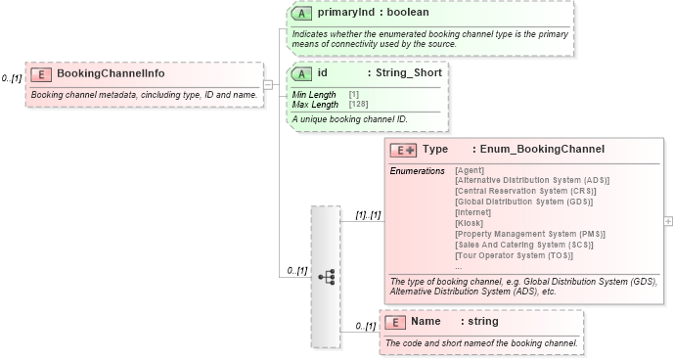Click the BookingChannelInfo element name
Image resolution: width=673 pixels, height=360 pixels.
click(111, 73)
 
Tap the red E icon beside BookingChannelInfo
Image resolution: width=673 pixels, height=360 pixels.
click(41, 74)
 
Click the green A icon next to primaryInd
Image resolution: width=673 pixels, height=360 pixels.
click(303, 15)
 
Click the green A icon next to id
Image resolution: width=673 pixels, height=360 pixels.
click(303, 73)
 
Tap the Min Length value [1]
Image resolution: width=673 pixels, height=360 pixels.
click(353, 94)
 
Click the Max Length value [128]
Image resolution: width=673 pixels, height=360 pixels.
click(358, 104)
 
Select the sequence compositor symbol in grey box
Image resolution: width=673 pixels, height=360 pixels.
click(326, 278)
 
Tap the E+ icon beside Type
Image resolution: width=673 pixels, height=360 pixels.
click(403, 150)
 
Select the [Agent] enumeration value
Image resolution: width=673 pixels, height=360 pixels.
click(471, 170)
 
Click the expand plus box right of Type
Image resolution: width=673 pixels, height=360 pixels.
click(668, 221)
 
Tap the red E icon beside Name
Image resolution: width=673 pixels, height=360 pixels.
click(395, 321)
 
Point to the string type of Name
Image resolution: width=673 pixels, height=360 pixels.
click(481, 321)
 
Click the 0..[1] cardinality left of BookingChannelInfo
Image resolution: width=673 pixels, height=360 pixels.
click(12, 77)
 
